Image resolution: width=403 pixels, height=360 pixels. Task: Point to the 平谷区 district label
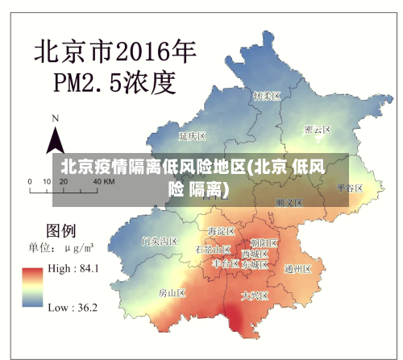(350, 188)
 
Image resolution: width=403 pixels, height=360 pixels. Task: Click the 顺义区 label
(288, 202)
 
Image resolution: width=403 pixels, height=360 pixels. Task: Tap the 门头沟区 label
(159, 240)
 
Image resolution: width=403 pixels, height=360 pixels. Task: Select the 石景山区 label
(213, 250)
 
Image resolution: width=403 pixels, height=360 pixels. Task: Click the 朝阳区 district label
(264, 242)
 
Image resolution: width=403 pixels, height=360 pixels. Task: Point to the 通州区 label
(298, 268)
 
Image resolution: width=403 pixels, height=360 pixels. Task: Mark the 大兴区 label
(254, 296)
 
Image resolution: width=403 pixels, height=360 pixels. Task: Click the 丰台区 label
(226, 263)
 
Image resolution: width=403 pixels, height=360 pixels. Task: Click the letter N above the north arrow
(55, 118)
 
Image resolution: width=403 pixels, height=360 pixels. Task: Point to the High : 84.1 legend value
(73, 268)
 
